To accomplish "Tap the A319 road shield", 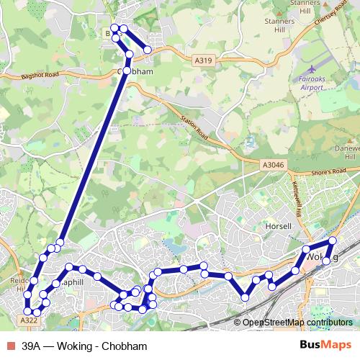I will [203, 63].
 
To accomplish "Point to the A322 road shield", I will [30, 320].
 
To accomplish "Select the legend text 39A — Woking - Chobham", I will [79, 346].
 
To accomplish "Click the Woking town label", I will [320, 257].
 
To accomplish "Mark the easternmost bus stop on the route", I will [333, 240].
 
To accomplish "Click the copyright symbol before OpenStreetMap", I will [238, 323].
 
